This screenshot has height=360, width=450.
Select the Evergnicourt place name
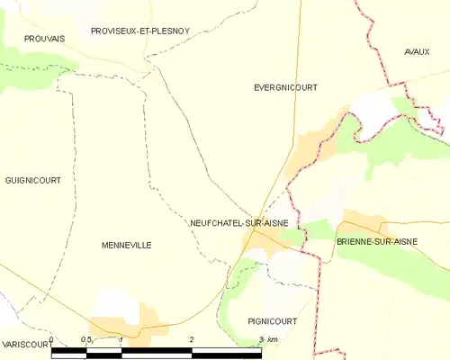(x=286, y=87)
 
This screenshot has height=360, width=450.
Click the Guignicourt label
(x=32, y=180)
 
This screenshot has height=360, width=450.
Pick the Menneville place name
(x=126, y=245)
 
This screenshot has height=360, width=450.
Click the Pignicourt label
(x=272, y=320)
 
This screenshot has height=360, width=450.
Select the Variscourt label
(x=23, y=345)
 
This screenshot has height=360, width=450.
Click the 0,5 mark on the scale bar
(x=86, y=339)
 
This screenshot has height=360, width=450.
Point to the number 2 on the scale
(x=192, y=339)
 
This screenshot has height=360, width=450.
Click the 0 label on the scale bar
(x=51, y=339)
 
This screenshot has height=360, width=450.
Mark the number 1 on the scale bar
(x=121, y=339)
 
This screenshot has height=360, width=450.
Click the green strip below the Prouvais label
(x=36, y=65)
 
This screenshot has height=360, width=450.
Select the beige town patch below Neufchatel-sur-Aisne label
(x=266, y=238)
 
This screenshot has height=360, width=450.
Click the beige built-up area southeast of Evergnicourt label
(x=317, y=144)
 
